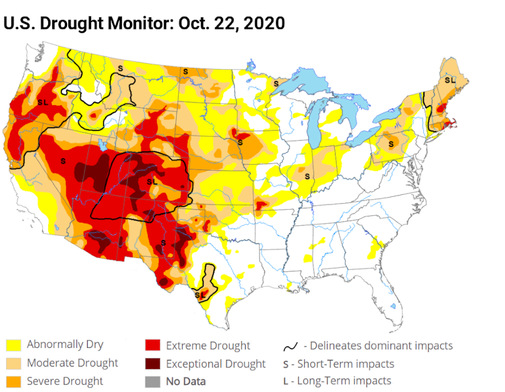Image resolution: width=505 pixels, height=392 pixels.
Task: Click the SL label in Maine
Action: [449, 80]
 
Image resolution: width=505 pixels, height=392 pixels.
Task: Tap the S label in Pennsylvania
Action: [391, 143]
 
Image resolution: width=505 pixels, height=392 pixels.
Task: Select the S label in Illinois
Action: [308, 176]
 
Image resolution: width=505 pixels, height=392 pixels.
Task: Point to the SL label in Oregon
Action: [43, 102]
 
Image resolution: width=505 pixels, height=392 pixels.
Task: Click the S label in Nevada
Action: [63, 161]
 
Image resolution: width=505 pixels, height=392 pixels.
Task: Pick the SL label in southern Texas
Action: [200, 293]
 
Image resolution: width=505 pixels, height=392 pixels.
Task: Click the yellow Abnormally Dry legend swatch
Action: [13, 346]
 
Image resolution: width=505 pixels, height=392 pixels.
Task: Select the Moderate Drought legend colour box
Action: [13, 364]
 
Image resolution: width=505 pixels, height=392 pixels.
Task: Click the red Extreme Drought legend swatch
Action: [153, 346]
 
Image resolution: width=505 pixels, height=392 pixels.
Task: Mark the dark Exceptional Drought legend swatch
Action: [153, 364]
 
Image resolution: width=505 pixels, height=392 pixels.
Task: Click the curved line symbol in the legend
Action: [291, 346]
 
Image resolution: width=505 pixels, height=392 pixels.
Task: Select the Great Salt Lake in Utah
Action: [101, 143]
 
